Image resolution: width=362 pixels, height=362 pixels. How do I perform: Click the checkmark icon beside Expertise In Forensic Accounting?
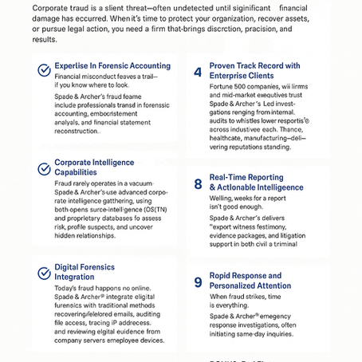click(45, 70)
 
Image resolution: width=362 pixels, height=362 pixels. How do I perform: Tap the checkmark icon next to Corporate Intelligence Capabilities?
click(45, 168)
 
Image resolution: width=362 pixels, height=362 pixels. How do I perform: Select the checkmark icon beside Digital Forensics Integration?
click(45, 273)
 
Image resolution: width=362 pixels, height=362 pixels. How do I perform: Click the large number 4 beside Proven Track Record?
click(198, 72)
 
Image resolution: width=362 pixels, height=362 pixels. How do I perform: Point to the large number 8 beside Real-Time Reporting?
click(198, 184)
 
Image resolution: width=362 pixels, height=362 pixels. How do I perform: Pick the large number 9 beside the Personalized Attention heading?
click(198, 281)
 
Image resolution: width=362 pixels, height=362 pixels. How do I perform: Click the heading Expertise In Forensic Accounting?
click(112, 66)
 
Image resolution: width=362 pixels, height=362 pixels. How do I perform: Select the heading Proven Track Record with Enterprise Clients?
click(254, 71)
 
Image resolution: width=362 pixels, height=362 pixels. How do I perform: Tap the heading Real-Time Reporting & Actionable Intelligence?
click(256, 183)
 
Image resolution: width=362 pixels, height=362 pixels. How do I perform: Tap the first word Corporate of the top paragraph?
click(50, 7)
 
